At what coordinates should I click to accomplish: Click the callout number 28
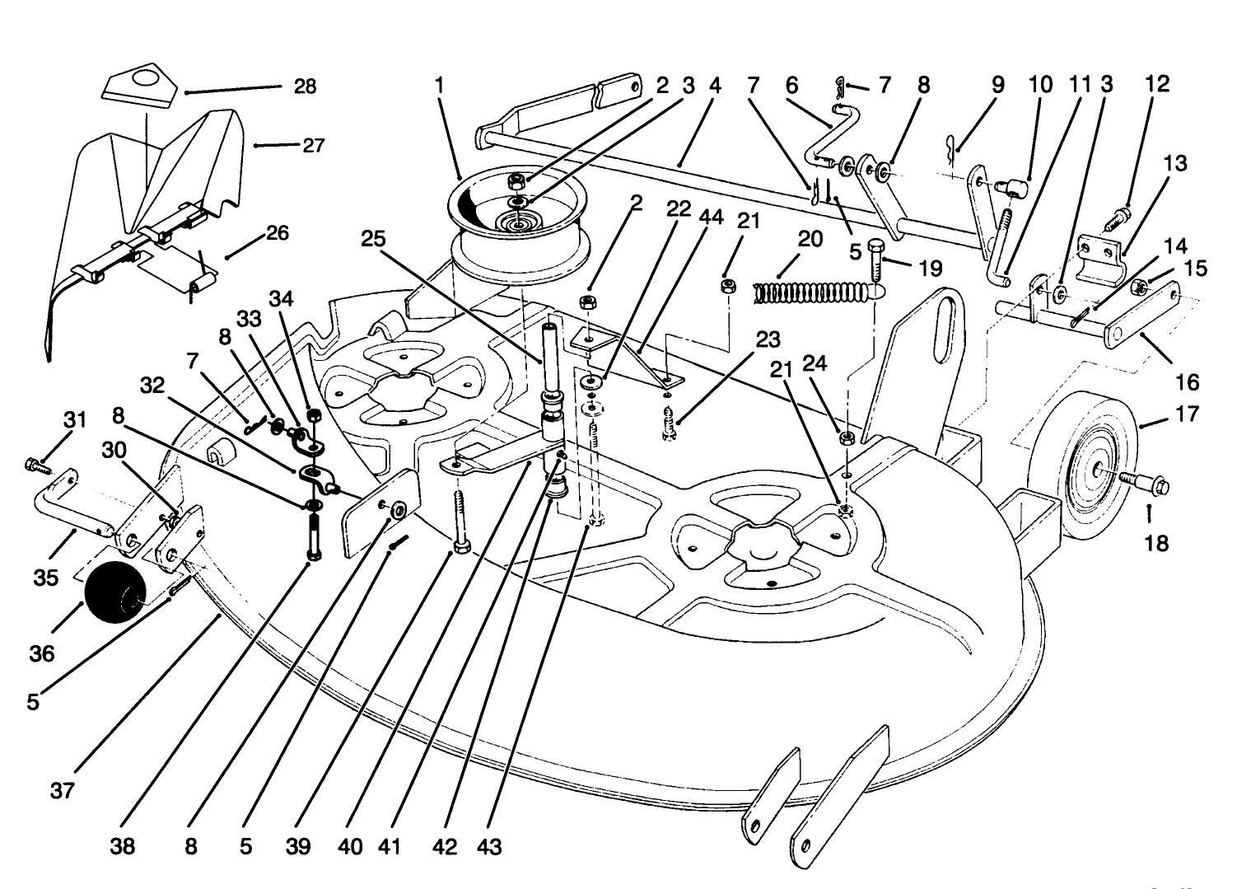pos(305,87)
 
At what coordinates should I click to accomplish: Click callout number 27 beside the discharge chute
pos(313,146)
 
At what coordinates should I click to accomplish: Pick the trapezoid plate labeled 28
pos(141,86)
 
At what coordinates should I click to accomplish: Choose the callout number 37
pos(63,791)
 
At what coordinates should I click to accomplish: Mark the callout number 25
pos(372,239)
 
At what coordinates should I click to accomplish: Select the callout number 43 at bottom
pos(489,847)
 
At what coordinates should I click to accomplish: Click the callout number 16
pos(1187,381)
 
